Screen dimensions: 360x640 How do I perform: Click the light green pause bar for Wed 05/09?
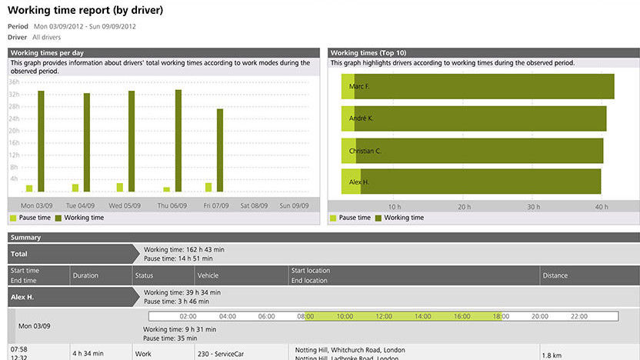(x=119, y=187)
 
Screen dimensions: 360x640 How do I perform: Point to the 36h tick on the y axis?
(x=14, y=82)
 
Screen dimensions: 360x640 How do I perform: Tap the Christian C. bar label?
(x=365, y=151)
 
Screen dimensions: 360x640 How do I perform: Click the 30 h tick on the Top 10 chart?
(x=532, y=206)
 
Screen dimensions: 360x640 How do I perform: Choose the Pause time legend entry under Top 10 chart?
(x=350, y=218)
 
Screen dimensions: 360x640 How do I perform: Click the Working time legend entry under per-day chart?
(x=80, y=218)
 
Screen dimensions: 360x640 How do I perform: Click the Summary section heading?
(x=26, y=238)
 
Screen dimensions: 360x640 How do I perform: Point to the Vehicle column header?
(x=208, y=275)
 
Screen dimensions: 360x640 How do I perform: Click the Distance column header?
(x=555, y=275)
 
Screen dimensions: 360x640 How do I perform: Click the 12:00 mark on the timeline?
(x=384, y=316)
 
